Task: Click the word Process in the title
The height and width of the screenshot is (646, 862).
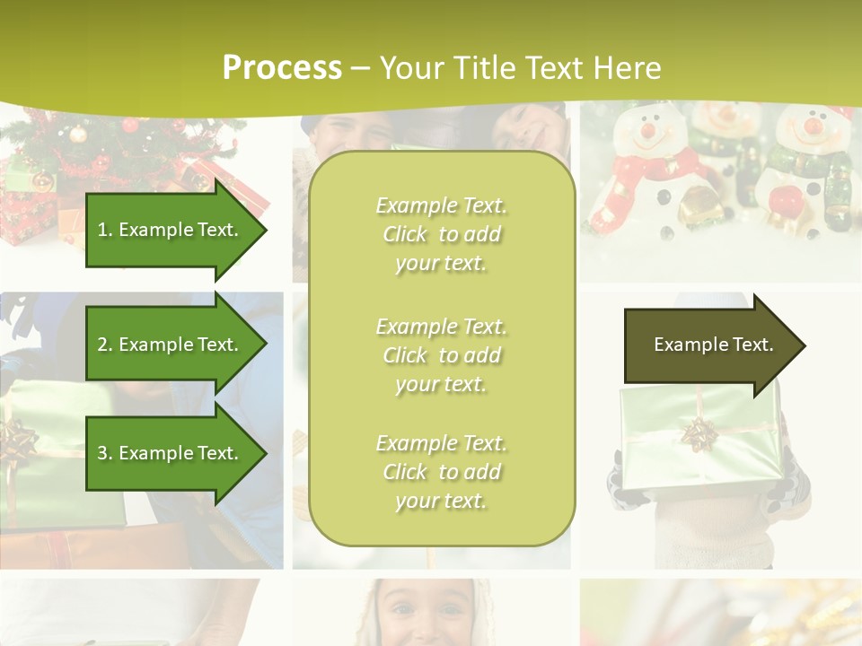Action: (x=282, y=68)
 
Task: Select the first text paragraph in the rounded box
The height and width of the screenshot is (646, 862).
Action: (x=441, y=234)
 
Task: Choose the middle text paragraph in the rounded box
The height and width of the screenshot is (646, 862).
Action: (x=441, y=355)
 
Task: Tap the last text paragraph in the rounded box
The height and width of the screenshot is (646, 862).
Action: (x=441, y=472)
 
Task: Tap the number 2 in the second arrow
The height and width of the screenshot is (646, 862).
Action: (x=102, y=345)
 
